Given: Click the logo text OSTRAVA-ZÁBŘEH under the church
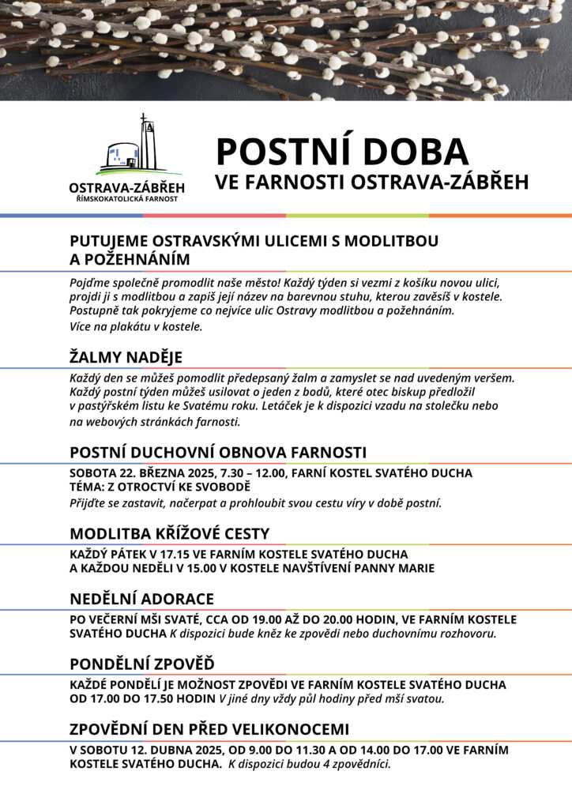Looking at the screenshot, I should pyautogui.click(x=126, y=187).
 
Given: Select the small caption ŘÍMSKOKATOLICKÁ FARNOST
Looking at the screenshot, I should pyautogui.click(x=126, y=198).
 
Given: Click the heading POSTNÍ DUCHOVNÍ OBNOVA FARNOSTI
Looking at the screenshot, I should pyautogui.click(x=218, y=452).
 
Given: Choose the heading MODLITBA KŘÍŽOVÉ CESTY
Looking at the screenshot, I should pyautogui.click(x=169, y=533).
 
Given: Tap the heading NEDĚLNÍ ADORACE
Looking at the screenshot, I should pyautogui.click(x=141, y=599).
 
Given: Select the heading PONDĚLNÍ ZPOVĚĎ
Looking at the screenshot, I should pyautogui.click(x=142, y=663).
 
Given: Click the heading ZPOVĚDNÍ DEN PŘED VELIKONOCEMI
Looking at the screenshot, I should pyautogui.click(x=209, y=728).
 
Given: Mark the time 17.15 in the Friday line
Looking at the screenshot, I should pyautogui.click(x=175, y=554).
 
